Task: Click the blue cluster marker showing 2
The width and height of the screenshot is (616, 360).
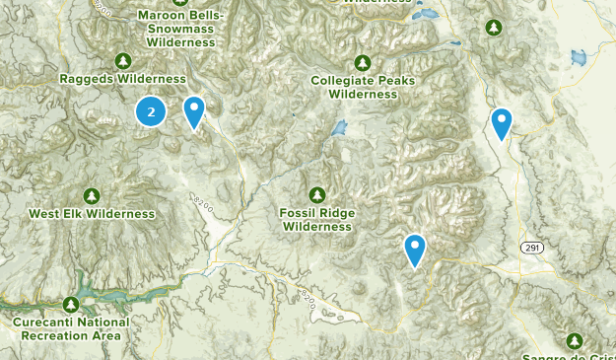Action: click(151, 112)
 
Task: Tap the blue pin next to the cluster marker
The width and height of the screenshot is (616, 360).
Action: click(195, 111)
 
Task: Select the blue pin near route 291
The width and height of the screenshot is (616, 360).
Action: click(502, 123)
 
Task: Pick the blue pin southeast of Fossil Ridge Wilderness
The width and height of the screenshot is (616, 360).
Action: click(415, 249)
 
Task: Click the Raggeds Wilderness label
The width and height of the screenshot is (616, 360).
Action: click(122, 79)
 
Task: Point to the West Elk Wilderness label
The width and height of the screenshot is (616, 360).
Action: click(92, 214)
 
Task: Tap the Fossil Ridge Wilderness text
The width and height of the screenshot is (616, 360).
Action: click(317, 219)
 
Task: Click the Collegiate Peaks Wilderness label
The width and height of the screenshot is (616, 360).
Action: click(363, 87)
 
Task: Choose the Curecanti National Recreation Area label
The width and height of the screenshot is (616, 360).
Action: click(71, 328)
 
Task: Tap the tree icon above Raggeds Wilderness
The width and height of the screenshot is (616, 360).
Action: click(122, 61)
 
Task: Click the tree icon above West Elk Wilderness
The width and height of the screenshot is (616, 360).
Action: click(92, 196)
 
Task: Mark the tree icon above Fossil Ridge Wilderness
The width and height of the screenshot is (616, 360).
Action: click(317, 194)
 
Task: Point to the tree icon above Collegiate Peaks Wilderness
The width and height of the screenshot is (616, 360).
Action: click(363, 62)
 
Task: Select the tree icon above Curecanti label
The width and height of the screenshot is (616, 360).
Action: click(71, 304)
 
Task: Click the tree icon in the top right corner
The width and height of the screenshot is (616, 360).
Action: click(491, 28)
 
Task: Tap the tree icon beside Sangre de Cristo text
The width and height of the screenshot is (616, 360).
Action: click(575, 340)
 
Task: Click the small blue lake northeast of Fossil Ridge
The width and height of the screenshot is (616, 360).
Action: click(340, 129)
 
